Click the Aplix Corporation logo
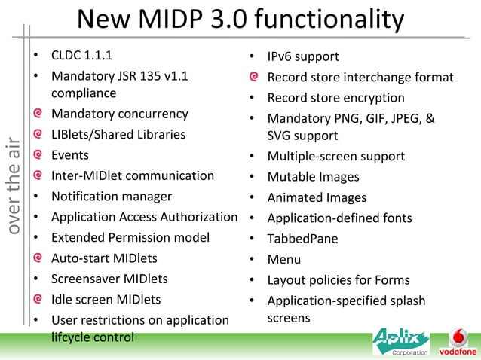pos(400,342)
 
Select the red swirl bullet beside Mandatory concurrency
pos(37,114)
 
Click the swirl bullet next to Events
pos(37,155)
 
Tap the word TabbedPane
pos(302,239)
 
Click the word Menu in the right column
pos(284,259)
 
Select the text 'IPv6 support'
pos(303,56)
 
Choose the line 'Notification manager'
pos(112,197)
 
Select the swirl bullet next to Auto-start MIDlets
pos(37,258)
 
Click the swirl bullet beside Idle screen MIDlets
pos(37,299)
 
